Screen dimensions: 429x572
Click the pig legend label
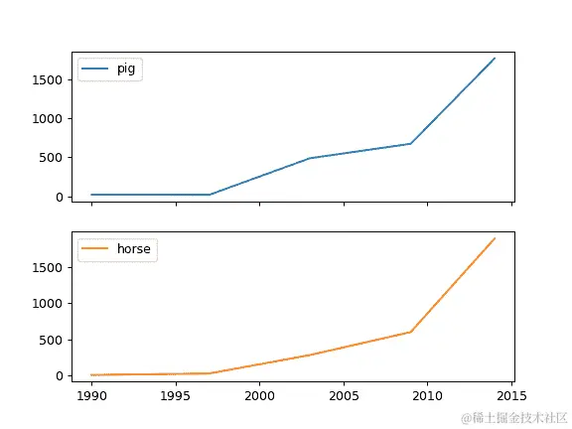(x=126, y=70)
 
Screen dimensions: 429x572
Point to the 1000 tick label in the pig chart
(x=48, y=118)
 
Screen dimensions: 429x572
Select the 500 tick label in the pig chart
(x=52, y=157)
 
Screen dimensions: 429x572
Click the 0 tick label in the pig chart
(x=61, y=197)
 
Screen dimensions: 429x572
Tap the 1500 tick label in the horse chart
(x=48, y=267)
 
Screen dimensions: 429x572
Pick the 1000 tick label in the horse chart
(x=48, y=303)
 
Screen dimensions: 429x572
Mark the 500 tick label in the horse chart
(x=52, y=340)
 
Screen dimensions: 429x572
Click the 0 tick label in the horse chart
(x=61, y=375)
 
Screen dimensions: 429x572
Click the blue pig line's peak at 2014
(x=495, y=58)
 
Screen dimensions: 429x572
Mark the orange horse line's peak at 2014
(x=495, y=238)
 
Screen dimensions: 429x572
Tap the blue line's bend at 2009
(x=410, y=144)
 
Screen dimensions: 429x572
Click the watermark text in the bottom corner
(x=511, y=418)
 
